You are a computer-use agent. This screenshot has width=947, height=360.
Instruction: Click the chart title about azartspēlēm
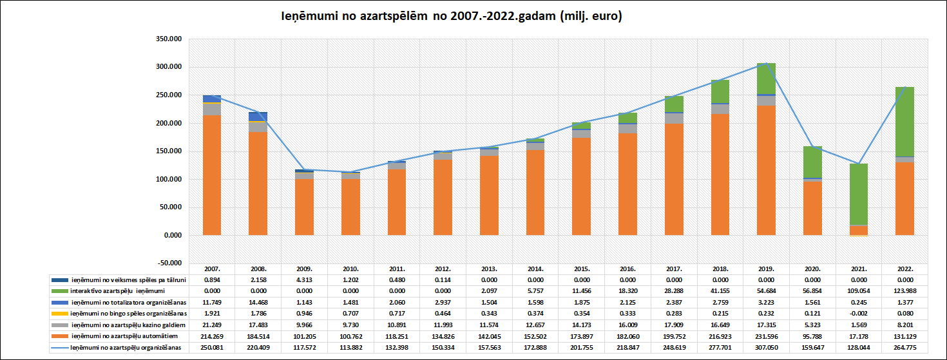pyautogui.click(x=452, y=17)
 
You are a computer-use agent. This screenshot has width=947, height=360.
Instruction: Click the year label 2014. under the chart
pyautogui.click(x=535, y=269)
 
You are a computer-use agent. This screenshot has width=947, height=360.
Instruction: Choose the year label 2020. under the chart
pyautogui.click(x=812, y=269)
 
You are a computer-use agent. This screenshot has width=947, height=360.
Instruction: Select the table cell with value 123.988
pyautogui.click(x=905, y=291)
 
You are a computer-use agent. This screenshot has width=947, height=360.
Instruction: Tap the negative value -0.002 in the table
pyautogui.click(x=859, y=314)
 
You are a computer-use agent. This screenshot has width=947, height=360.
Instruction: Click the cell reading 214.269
pyautogui.click(x=212, y=336)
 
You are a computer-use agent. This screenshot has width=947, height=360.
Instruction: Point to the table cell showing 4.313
pyautogui.click(x=305, y=279)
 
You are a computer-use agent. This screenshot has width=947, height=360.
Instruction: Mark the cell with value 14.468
pyautogui.click(x=258, y=303)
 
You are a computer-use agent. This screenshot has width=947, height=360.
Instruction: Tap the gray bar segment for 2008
pyautogui.click(x=258, y=126)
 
